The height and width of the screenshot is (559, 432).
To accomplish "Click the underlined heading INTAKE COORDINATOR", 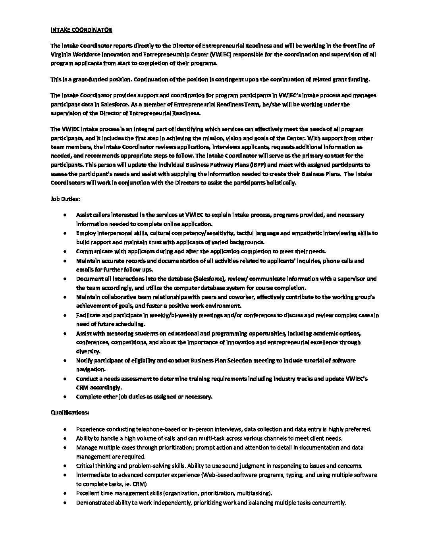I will [x=81, y=30].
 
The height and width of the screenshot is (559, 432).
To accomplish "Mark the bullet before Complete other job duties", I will [x=65, y=397].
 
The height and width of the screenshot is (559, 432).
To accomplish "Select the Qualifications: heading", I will [x=69, y=413].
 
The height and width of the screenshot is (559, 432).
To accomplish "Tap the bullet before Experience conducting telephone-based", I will [x=65, y=429].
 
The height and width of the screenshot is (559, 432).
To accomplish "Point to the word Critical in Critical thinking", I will [x=85, y=466].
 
